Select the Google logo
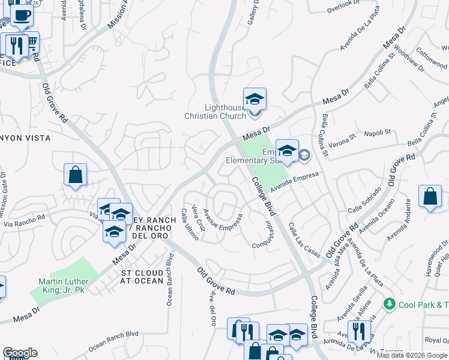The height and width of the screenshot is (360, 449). [20, 353]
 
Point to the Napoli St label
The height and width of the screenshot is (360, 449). [378, 132]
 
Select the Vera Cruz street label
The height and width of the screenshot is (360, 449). [199, 218]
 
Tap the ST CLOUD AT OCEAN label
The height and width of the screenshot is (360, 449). [142, 277]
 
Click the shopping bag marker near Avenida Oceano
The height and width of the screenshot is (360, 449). [430, 197]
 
